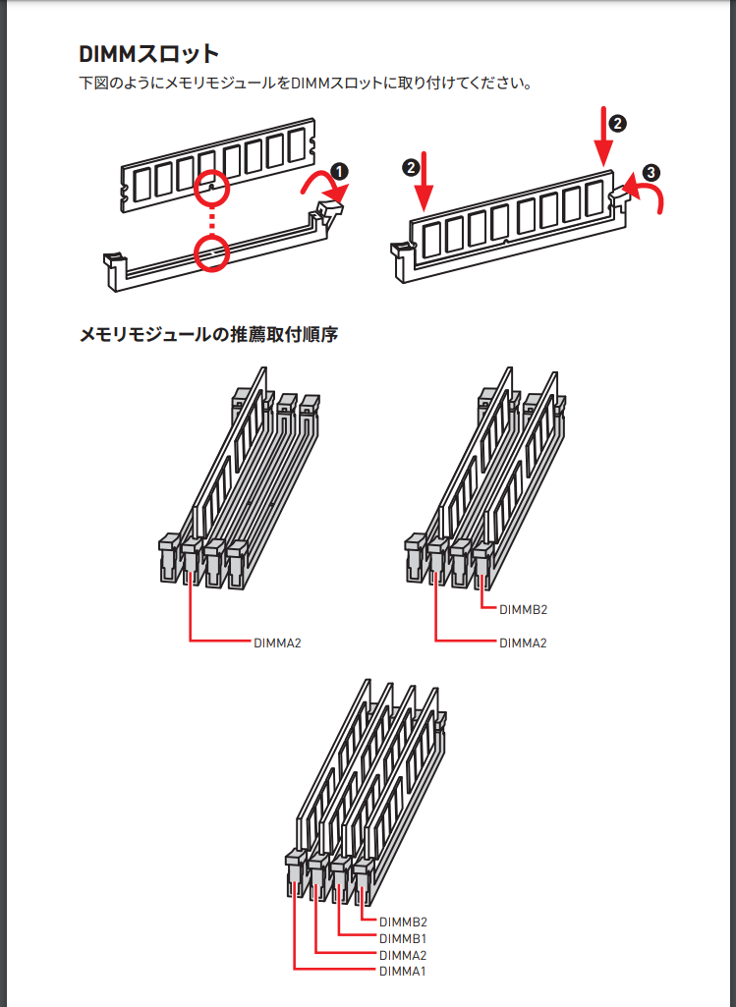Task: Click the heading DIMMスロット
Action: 149,54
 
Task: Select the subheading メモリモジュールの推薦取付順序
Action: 208,335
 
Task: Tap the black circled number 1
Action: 339,172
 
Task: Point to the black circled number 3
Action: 651,173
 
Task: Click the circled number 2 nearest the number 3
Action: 617,124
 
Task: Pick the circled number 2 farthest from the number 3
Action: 411,168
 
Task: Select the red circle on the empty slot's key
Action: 212,253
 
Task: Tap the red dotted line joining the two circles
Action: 212,221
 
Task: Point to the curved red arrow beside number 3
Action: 644,195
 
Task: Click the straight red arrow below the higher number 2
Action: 603,137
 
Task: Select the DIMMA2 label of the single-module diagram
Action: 277,643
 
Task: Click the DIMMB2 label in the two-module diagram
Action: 524,609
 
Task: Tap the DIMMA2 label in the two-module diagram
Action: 524,643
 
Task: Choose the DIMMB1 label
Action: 403,939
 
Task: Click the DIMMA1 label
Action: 403,972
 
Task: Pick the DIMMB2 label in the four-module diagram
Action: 403,923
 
